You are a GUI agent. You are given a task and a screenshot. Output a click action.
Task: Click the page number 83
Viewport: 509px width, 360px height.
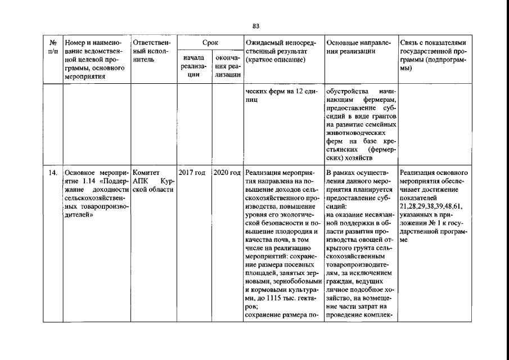click(x=255, y=26)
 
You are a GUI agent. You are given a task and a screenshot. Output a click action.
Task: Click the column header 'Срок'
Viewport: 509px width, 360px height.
click(x=210, y=43)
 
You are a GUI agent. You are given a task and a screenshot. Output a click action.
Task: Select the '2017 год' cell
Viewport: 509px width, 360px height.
click(x=192, y=173)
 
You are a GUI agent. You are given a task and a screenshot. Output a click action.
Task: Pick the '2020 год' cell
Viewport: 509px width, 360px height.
click(x=227, y=173)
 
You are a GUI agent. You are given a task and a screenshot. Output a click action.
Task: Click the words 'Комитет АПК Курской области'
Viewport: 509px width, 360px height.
click(x=153, y=181)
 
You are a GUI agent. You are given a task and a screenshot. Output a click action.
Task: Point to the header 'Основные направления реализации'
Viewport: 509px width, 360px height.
click(x=361, y=47)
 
